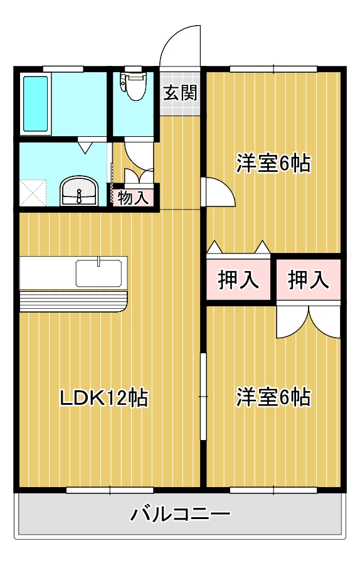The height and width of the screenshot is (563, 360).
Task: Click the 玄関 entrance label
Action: pos(181,94)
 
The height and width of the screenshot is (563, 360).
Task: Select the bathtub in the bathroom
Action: pos(36,104)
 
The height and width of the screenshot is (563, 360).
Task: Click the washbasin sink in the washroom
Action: pos(79,190)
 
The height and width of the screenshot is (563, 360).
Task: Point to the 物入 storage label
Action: pos(134,198)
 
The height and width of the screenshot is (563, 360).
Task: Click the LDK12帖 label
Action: pos(103,397)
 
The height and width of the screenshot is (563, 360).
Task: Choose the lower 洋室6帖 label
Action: pos(273,397)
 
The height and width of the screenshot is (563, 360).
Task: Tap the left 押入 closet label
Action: pos(238,280)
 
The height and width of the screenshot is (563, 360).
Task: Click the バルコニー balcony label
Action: pos(180,515)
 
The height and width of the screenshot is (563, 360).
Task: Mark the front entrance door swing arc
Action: pos(178,44)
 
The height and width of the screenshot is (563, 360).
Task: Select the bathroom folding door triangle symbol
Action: pos(85,147)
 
